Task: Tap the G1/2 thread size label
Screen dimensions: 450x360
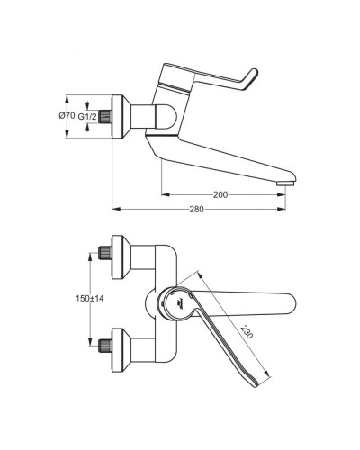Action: pyautogui.click(x=87, y=116)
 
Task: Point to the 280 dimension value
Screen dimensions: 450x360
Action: pyautogui.click(x=198, y=210)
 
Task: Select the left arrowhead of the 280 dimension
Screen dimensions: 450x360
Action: pyautogui.click(x=114, y=210)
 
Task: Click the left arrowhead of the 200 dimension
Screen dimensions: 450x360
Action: pyautogui.click(x=165, y=193)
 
